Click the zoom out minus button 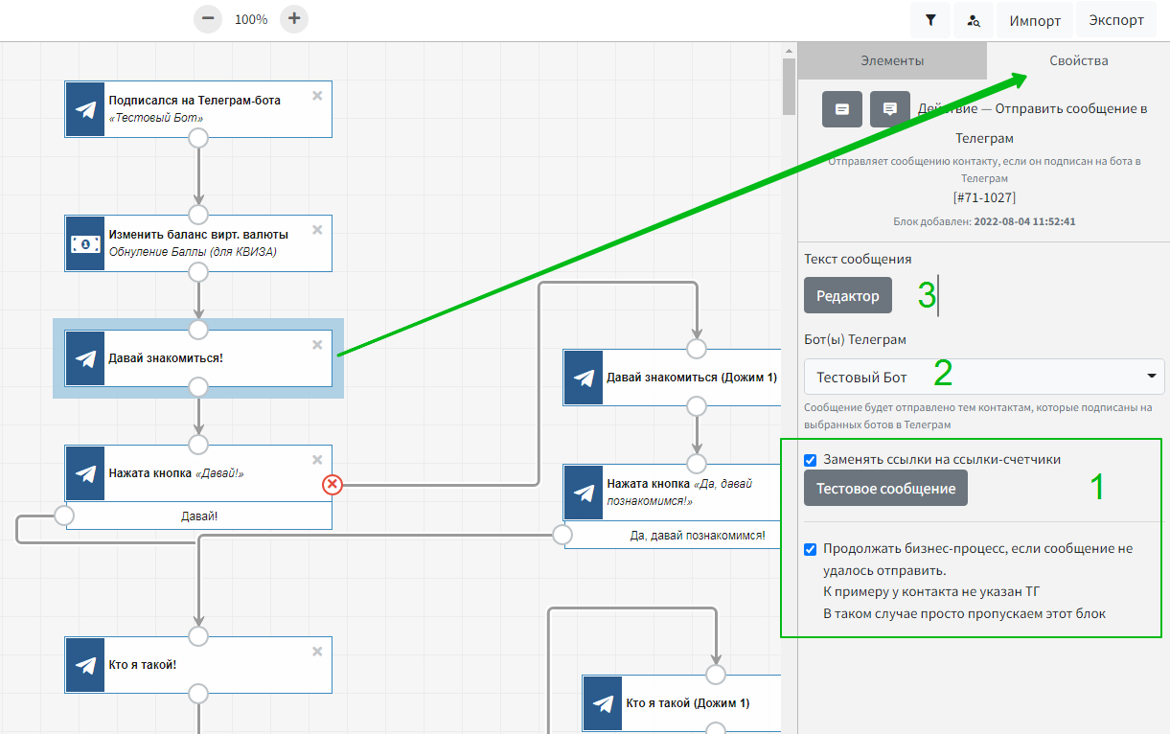coord(208,19)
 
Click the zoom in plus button coord(294,19)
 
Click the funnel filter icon coord(930,20)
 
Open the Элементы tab coord(892,60)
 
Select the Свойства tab coord(1079,60)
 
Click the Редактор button coord(848,296)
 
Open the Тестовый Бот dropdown coord(984,377)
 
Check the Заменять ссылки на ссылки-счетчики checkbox coord(810,460)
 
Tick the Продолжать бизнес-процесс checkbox coord(810,549)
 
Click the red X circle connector coord(333,485)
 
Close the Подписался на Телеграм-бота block coord(317,96)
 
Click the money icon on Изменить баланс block coord(85,244)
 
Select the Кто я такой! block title coord(143,664)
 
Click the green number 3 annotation coord(927,295)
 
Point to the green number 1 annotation coord(1097,487)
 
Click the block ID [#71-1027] coord(984,197)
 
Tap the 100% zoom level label coord(251,19)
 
